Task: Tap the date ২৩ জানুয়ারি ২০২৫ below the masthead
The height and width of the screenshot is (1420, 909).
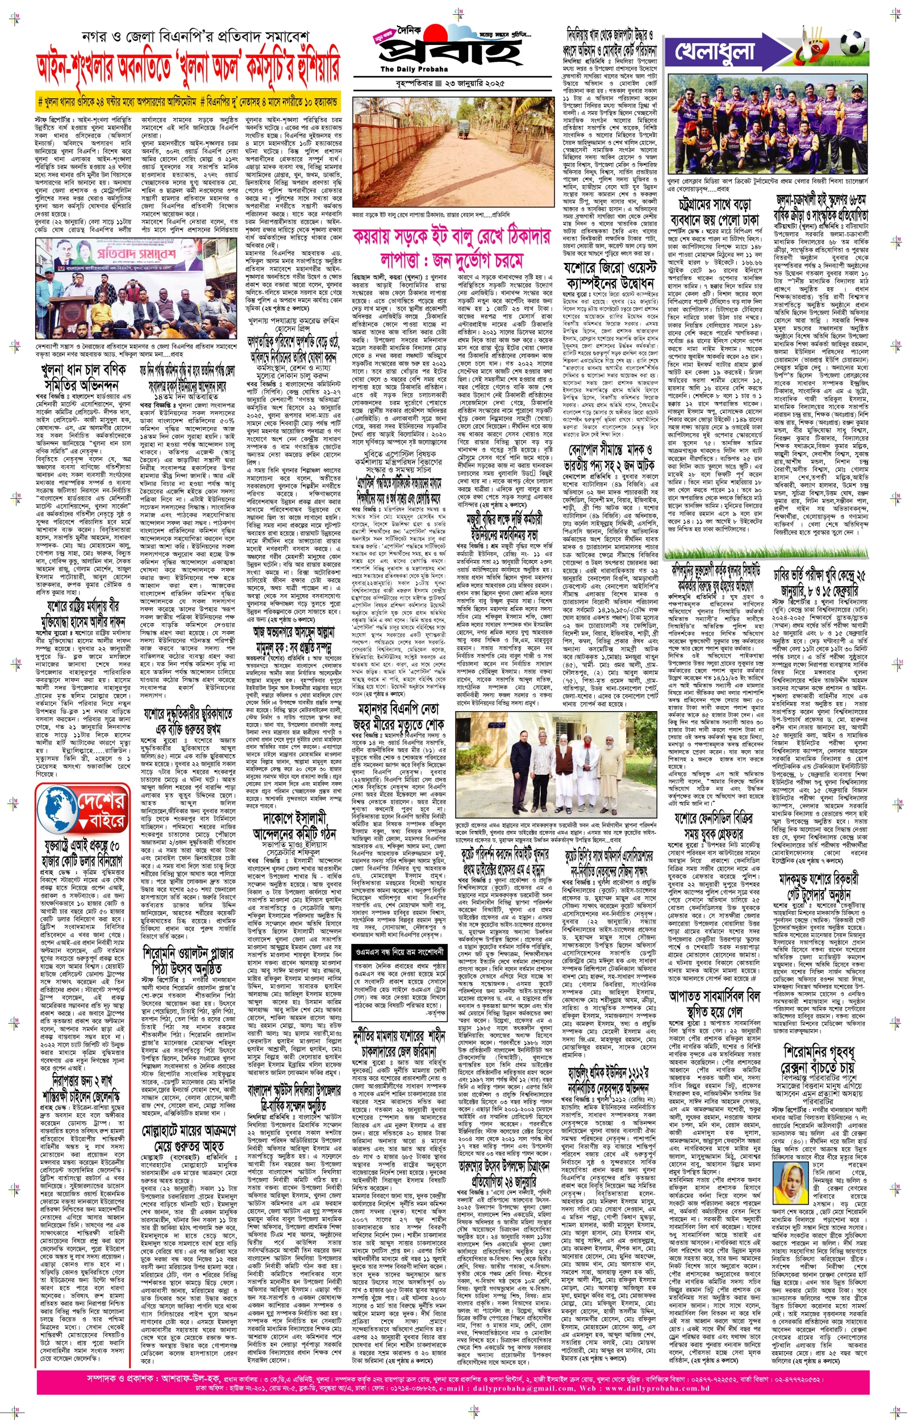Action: pyautogui.click(x=479, y=83)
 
